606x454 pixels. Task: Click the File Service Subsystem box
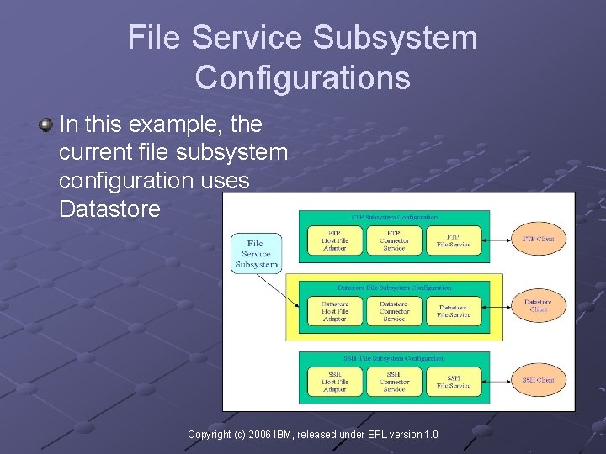tap(257, 253)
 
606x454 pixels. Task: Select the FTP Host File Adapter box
tap(334, 240)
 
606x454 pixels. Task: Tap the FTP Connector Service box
tap(394, 240)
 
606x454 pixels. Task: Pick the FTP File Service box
tap(454, 240)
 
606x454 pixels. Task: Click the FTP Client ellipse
tap(539, 240)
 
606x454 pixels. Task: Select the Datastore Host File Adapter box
tap(334, 311)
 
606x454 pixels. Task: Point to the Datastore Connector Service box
tap(394, 311)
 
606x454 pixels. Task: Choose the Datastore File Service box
tap(454, 311)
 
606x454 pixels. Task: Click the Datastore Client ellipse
tap(539, 305)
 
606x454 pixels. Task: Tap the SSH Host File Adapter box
tap(334, 381)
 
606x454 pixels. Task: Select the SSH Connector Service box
tap(394, 381)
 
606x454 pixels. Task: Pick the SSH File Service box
tap(454, 381)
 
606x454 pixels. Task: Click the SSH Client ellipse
tap(539, 380)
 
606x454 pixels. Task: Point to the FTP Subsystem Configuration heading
tap(394, 218)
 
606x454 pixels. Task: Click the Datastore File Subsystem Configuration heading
tap(394, 288)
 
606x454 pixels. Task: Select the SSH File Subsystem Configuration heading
tap(394, 358)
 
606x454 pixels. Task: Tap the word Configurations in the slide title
tap(303, 78)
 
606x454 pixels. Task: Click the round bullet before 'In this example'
tap(45, 125)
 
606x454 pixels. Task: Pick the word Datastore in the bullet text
tap(109, 209)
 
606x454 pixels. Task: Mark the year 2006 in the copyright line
tap(262, 435)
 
